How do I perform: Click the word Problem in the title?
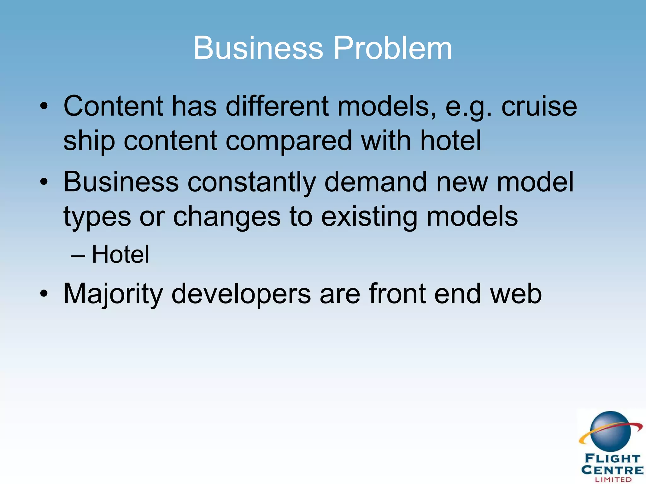click(x=392, y=48)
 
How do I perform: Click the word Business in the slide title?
click(x=258, y=48)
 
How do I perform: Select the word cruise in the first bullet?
click(x=539, y=106)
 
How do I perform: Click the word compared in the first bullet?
click(x=289, y=141)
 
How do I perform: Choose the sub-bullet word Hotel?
click(x=120, y=254)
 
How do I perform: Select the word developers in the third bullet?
click(x=241, y=294)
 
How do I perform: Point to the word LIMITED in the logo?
click(x=613, y=479)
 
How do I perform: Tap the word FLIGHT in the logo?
click(x=612, y=458)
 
